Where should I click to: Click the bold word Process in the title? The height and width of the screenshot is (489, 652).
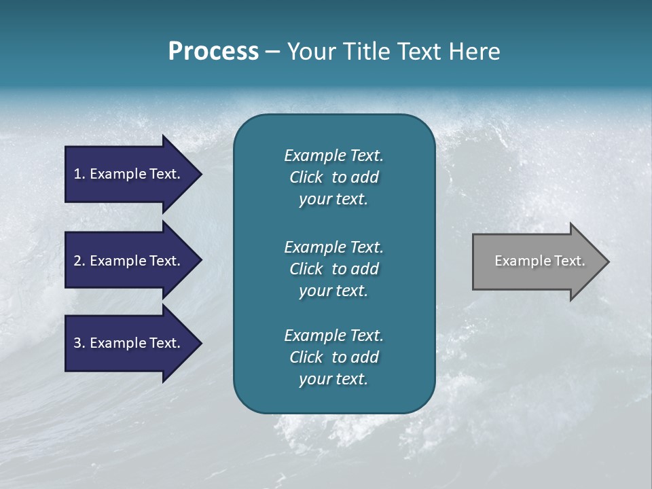[x=213, y=52]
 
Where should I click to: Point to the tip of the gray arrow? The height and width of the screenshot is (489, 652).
[x=606, y=261]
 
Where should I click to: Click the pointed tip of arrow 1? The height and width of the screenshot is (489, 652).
[x=199, y=174]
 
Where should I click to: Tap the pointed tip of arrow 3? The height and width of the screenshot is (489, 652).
[x=199, y=343]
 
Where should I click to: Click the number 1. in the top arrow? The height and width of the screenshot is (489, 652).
[x=79, y=174]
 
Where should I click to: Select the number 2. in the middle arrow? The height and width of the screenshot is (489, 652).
[x=79, y=261]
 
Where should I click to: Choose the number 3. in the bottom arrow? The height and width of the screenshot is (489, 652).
[x=79, y=343]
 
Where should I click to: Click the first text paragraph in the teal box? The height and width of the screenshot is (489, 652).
[x=333, y=177]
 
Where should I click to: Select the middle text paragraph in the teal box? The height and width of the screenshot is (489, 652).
[x=333, y=269]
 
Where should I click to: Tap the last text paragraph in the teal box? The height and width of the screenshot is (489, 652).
[x=333, y=357]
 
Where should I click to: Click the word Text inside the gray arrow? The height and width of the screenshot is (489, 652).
[x=569, y=261]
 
